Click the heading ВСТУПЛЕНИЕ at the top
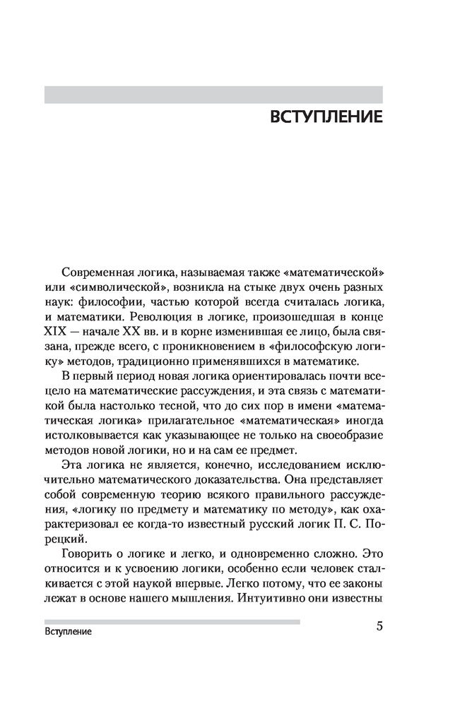[326, 116]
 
